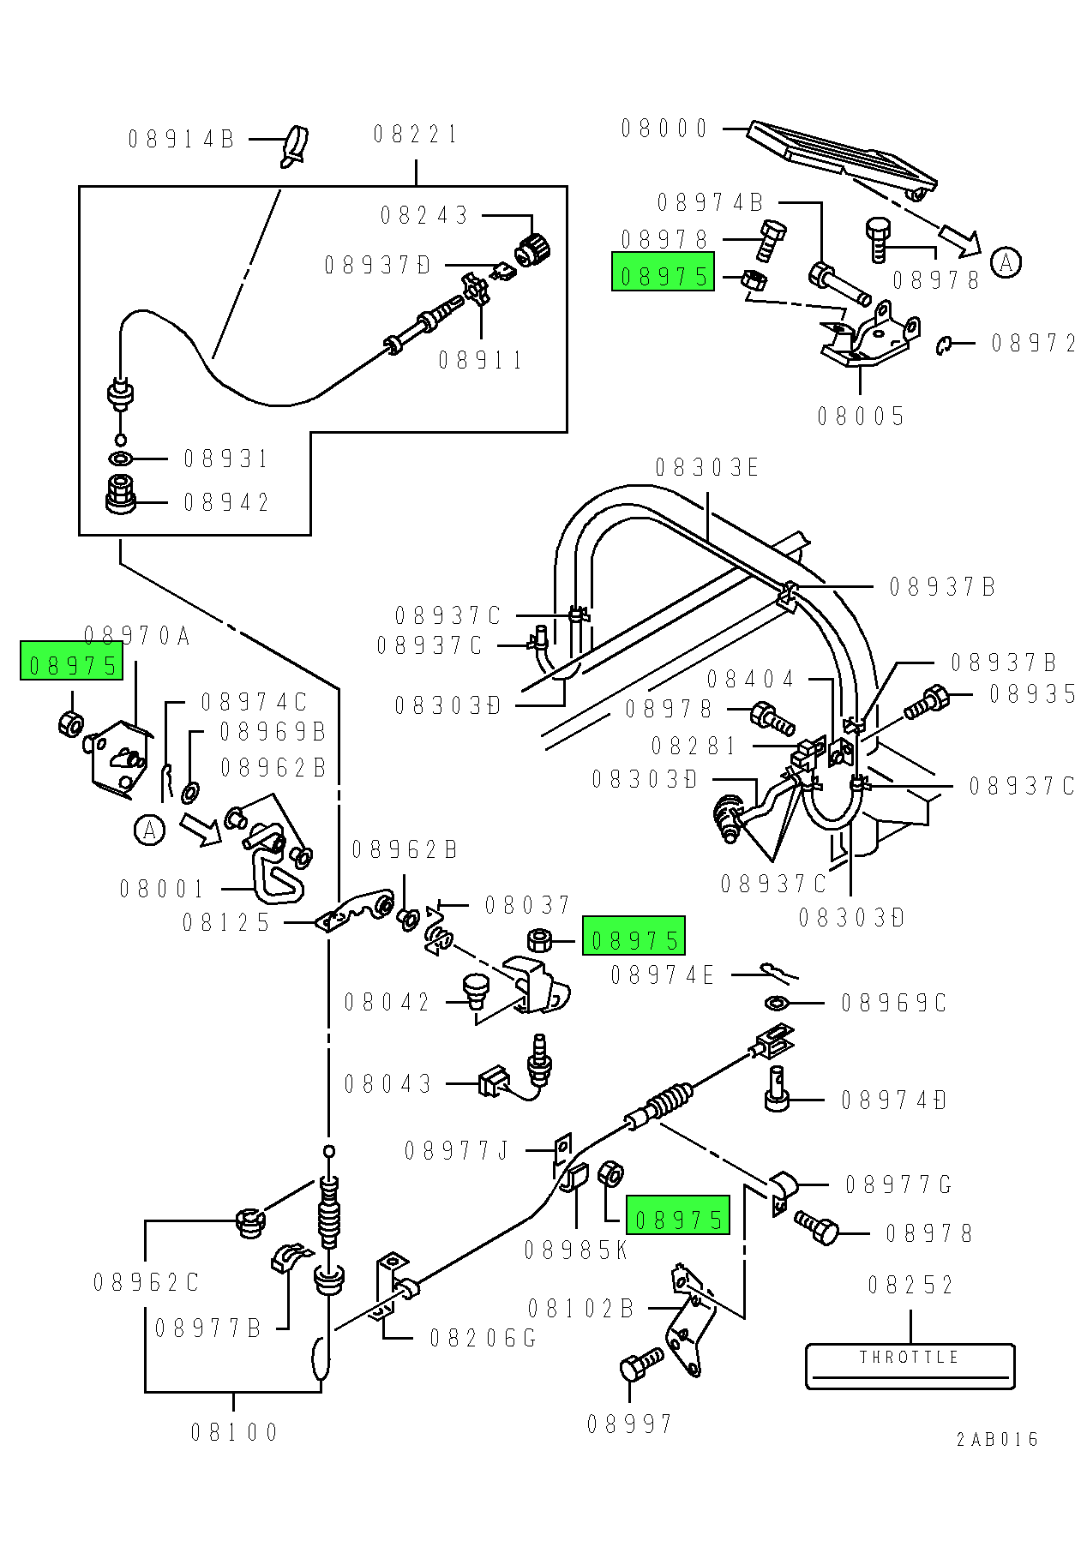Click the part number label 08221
416,135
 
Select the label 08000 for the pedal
664,129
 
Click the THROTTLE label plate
910,1365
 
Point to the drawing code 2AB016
997,1439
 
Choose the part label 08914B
181,139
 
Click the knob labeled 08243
532,249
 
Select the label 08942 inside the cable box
226,502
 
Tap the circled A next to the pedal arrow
1006,262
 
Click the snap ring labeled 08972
944,345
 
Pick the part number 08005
861,417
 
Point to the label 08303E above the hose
707,468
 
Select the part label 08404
751,680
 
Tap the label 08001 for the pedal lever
162,889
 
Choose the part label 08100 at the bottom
234,1432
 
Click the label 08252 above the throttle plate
910,1285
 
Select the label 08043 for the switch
387,1084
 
